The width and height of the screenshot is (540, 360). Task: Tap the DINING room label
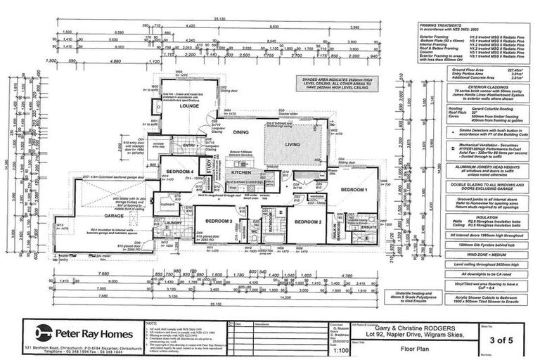tap(241, 131)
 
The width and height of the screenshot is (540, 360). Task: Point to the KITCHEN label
tap(241, 172)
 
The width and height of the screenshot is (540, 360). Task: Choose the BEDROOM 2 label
tap(308, 222)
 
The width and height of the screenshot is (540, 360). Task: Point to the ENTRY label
tap(171, 146)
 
